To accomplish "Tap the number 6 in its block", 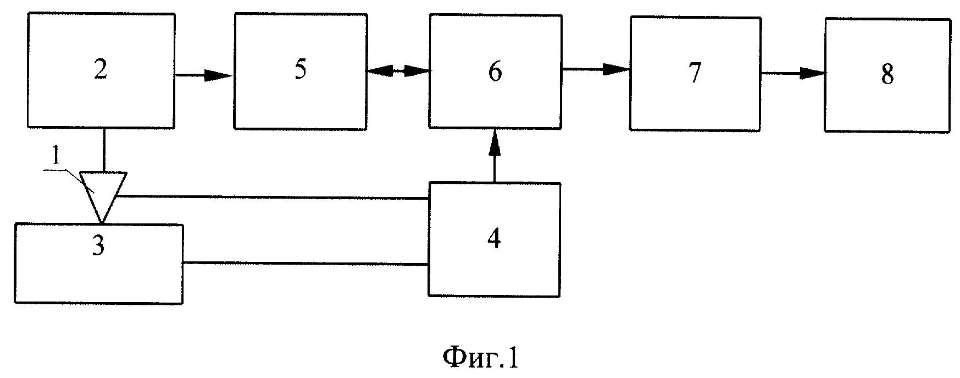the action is tap(495, 72).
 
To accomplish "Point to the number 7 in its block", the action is tap(695, 73).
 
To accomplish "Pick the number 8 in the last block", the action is tap(887, 74).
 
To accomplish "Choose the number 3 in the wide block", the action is tap(98, 246).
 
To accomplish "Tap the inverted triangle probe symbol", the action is tap(103, 197).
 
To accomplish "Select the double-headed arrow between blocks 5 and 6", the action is tap(398, 70).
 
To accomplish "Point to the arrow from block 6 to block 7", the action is tap(595, 69).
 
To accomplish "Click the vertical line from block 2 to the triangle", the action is tap(103, 150).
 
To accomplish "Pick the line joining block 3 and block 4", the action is tap(306, 264).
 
